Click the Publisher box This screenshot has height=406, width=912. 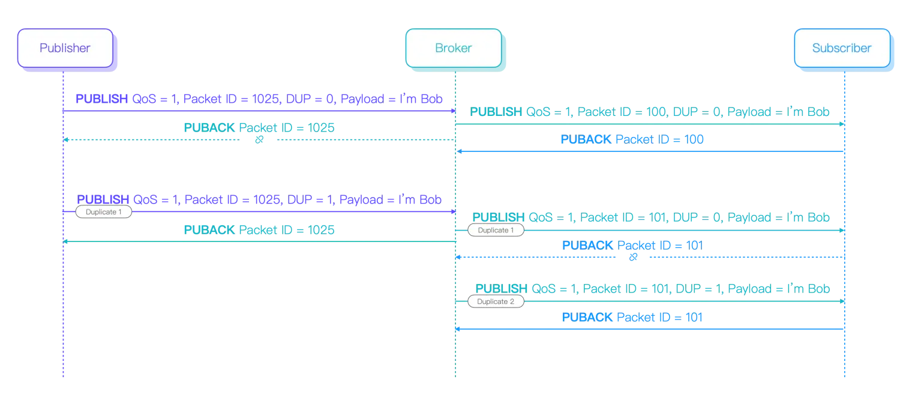coord(65,48)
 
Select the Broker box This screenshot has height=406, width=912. coord(453,48)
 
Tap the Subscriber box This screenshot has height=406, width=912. coord(841,48)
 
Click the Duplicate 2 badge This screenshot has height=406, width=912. coord(496,301)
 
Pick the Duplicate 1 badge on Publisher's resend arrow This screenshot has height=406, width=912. coord(103,212)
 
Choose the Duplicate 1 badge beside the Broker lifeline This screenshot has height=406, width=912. coord(496,230)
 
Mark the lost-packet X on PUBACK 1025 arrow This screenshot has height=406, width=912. coord(259,140)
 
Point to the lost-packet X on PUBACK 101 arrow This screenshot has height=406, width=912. coord(633,258)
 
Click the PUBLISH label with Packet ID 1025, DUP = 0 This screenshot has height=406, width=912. coord(259,99)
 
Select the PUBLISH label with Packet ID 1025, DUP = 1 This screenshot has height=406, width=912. coord(259,199)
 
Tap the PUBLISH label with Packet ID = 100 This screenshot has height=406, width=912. coord(650,112)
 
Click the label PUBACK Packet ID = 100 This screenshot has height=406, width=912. coord(632,139)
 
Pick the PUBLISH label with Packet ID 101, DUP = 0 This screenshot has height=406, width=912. coord(651,217)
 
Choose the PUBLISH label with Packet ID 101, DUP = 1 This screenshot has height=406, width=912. coord(652,289)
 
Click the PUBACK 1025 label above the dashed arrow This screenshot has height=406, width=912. coord(259,127)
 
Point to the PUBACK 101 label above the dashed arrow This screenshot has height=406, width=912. coord(633,245)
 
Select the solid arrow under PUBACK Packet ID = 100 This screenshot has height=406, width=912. coord(650,151)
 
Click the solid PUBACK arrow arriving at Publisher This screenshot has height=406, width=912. coord(259,241)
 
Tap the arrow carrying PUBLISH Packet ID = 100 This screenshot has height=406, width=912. coord(650,124)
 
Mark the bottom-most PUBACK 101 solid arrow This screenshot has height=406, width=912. coord(650,329)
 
